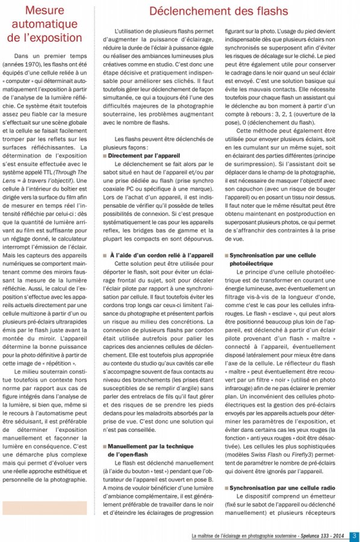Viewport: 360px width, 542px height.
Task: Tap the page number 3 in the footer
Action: pyautogui.click(x=354, y=535)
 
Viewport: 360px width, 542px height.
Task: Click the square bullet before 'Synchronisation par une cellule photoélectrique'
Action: pyautogui.click(x=226, y=255)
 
